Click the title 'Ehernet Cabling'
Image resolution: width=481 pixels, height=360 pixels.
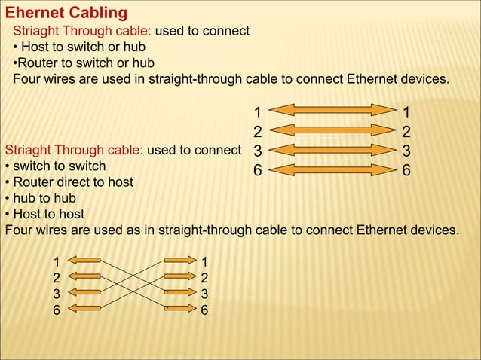[66, 14]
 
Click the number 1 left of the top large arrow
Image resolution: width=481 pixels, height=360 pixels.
[257, 113]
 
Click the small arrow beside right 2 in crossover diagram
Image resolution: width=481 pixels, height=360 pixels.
[179, 276]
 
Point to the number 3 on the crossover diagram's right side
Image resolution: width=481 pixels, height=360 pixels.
[204, 293]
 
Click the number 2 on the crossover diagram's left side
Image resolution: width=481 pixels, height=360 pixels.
[56, 276]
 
